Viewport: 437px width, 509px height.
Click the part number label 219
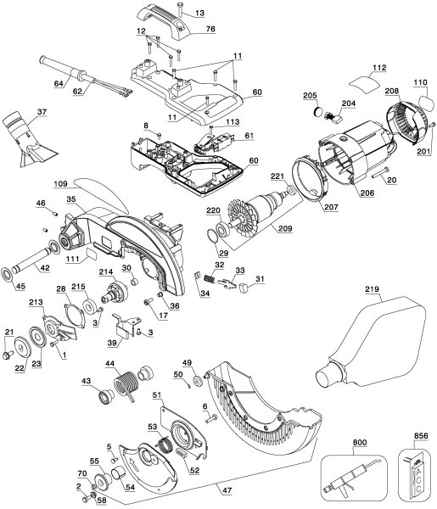point(371,291)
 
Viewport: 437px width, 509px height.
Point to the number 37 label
point(42,113)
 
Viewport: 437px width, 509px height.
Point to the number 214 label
point(106,271)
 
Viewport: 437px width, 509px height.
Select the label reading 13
point(199,14)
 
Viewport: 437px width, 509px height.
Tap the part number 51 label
point(158,394)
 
